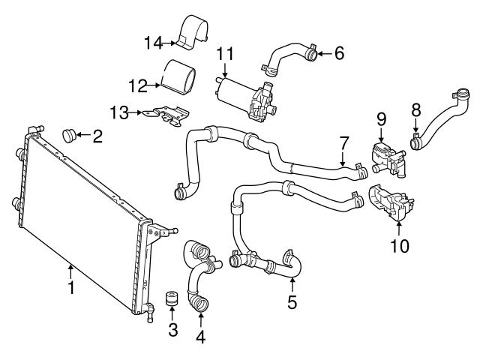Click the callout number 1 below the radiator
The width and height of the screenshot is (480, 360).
(70, 287)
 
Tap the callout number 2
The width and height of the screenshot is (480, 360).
(97, 137)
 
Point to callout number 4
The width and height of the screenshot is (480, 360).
(200, 337)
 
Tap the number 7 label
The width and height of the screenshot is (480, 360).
(344, 142)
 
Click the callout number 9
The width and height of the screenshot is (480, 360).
(380, 118)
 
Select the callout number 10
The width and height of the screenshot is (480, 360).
(399, 245)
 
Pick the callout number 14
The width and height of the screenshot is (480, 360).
(154, 43)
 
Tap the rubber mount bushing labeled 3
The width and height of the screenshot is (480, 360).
(172, 298)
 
